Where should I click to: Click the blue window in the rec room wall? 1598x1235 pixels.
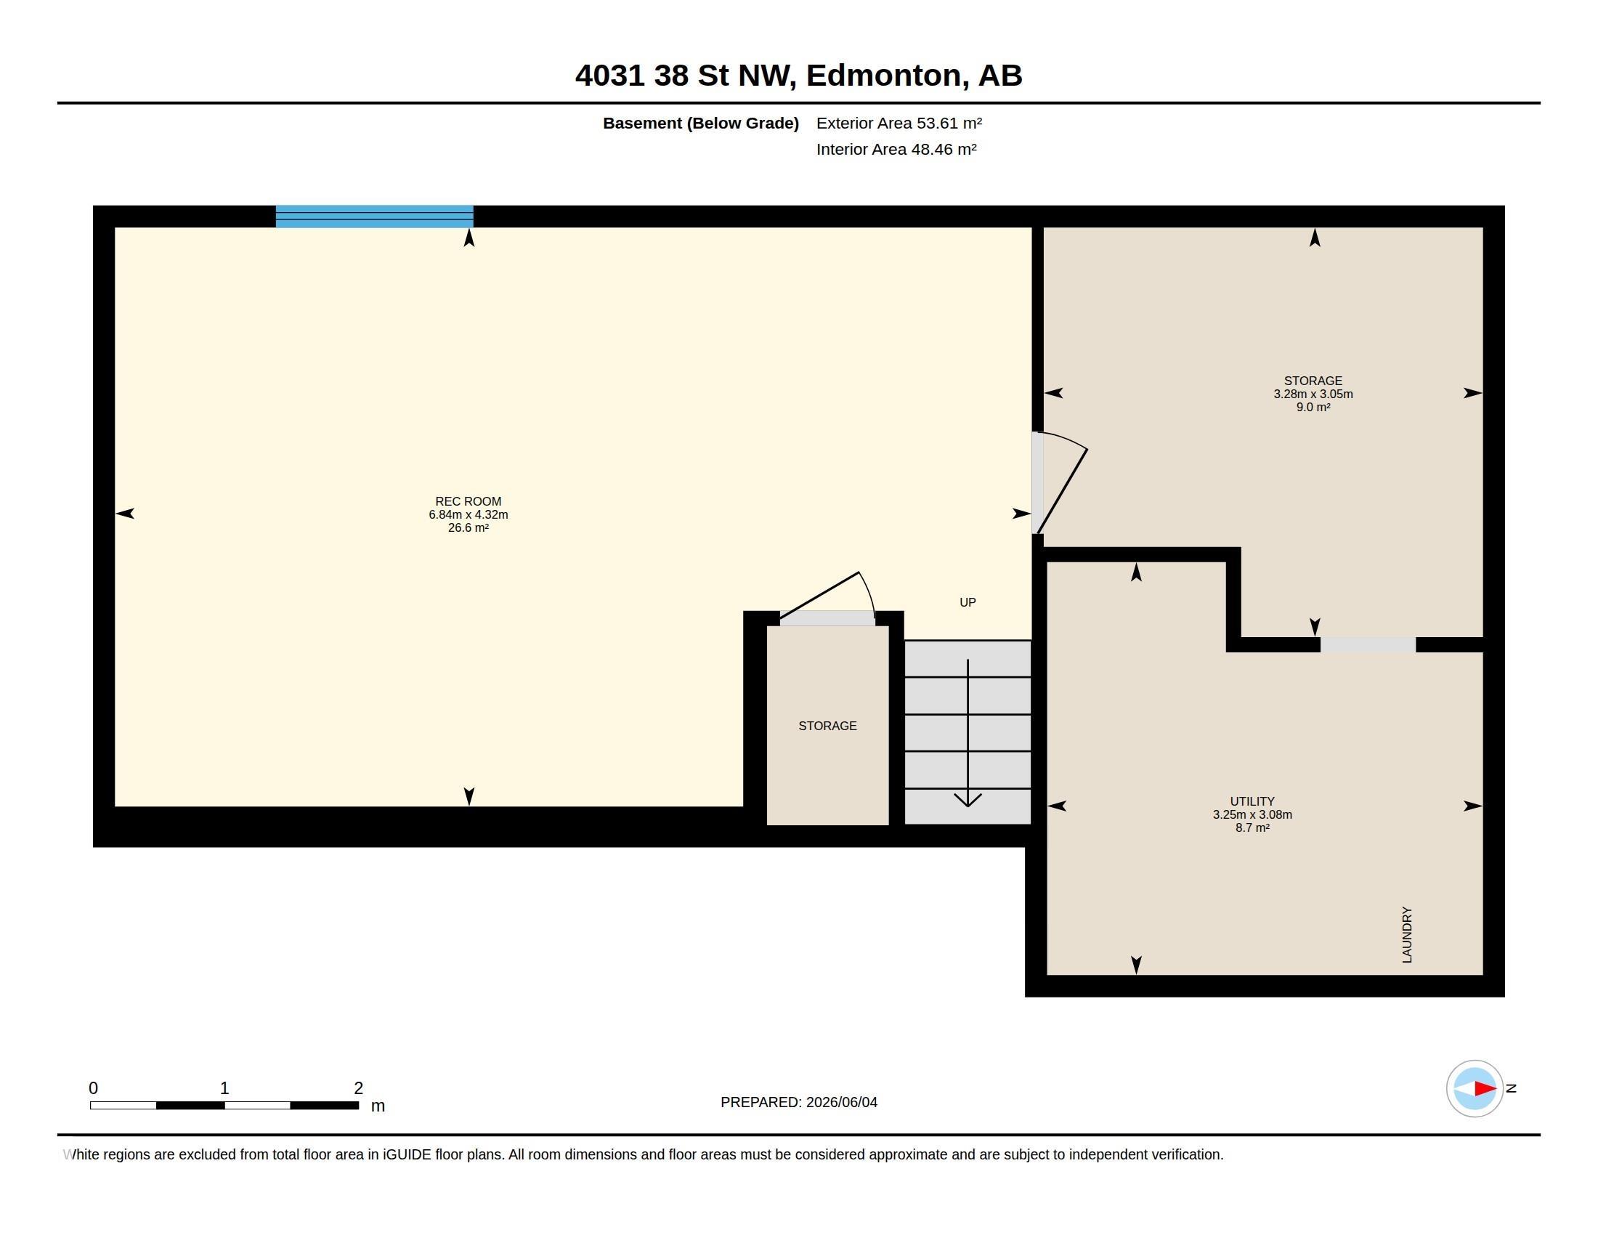tap(374, 216)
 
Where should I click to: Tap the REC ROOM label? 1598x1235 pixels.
tap(469, 501)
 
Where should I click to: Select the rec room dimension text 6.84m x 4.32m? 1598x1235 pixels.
tap(469, 514)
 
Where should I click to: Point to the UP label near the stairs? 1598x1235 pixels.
tap(968, 602)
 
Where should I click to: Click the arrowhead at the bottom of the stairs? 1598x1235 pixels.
tap(968, 800)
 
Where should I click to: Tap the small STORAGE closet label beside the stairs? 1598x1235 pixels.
tap(827, 726)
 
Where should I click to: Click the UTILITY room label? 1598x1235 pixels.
tap(1252, 801)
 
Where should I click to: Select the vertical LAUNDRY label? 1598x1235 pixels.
tap(1406, 934)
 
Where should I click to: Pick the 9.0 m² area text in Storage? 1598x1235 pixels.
tap(1313, 407)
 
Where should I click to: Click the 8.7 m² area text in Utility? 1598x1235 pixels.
tap(1252, 827)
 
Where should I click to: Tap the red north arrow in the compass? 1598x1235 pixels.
tap(1484, 1089)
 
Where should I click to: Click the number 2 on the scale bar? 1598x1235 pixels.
tap(359, 1088)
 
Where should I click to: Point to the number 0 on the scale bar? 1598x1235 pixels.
tap(93, 1088)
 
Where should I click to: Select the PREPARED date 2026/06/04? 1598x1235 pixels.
tap(841, 1102)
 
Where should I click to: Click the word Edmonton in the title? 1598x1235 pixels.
tap(884, 76)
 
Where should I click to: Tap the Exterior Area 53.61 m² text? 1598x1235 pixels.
tap(899, 123)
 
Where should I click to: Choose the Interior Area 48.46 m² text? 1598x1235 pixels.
tap(896, 149)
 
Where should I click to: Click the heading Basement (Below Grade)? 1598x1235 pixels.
tap(700, 123)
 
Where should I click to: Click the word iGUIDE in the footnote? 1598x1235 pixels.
tap(407, 1154)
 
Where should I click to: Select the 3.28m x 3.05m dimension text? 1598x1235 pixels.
tap(1313, 394)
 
